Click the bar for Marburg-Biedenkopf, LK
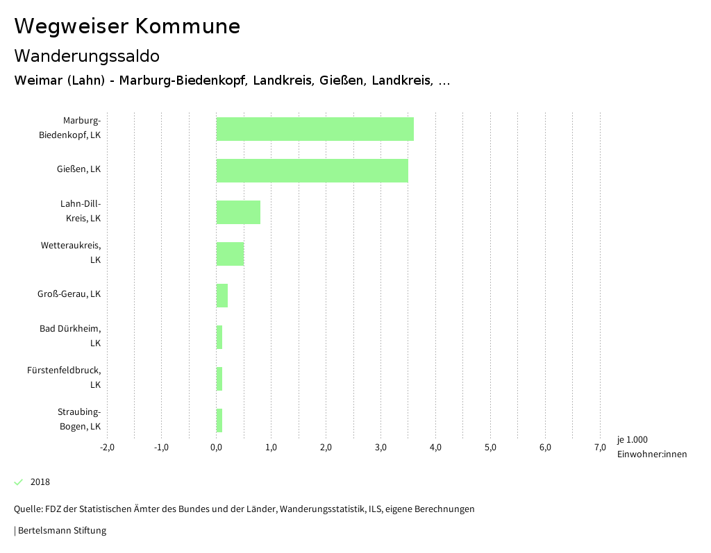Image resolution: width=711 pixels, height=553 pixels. click(315, 129)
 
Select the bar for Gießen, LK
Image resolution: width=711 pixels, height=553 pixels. click(312, 171)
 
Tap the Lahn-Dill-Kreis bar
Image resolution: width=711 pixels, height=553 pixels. click(238, 212)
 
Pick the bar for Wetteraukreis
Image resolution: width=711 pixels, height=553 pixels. click(230, 254)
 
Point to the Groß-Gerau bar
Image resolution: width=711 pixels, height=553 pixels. click(222, 296)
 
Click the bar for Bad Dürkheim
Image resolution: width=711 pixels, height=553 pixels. click(219, 337)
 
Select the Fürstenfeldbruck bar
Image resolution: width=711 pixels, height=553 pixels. click(219, 379)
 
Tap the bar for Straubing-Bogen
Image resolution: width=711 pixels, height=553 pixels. click(219, 420)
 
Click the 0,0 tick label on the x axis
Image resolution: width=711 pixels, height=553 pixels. click(216, 448)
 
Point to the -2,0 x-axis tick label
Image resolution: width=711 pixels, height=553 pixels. click(107, 448)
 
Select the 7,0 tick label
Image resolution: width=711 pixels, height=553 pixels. click(600, 448)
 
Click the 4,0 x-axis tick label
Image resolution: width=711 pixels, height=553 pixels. click(435, 448)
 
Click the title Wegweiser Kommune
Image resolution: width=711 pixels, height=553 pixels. click(127, 26)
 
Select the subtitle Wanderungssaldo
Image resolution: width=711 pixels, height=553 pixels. click(87, 56)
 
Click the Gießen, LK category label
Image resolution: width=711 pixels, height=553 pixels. click(78, 169)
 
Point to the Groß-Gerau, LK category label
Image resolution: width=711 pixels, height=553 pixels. click(69, 293)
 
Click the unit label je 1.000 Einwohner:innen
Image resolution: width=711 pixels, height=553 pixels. click(651, 447)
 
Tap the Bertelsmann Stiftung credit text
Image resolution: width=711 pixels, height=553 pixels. click(62, 531)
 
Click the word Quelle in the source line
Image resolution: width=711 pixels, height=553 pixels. click(27, 509)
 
